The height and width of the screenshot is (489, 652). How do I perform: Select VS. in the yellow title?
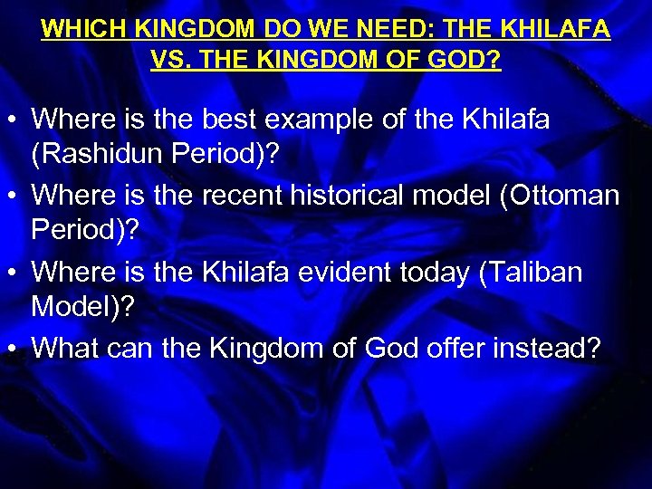click(170, 60)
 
